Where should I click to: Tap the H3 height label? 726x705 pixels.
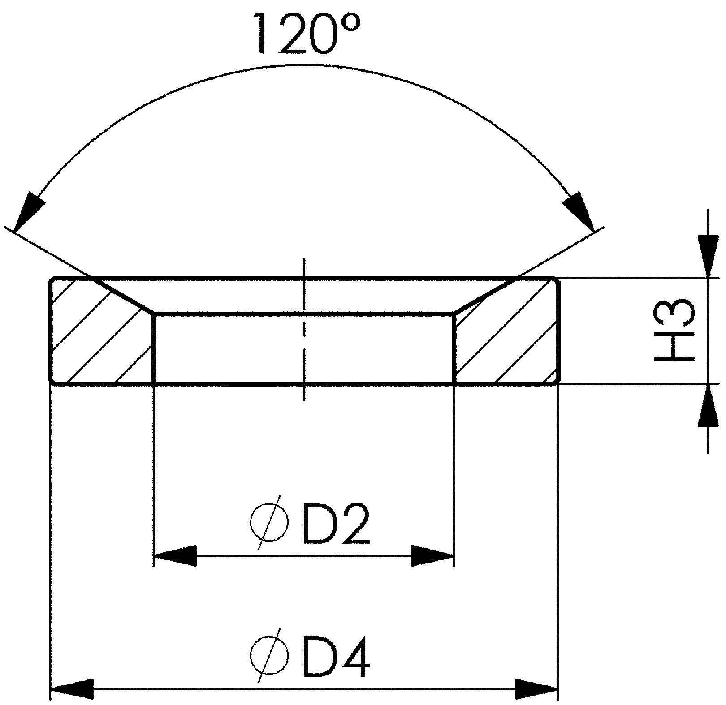click(x=674, y=331)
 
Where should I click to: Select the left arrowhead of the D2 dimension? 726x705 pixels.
click(x=175, y=556)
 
